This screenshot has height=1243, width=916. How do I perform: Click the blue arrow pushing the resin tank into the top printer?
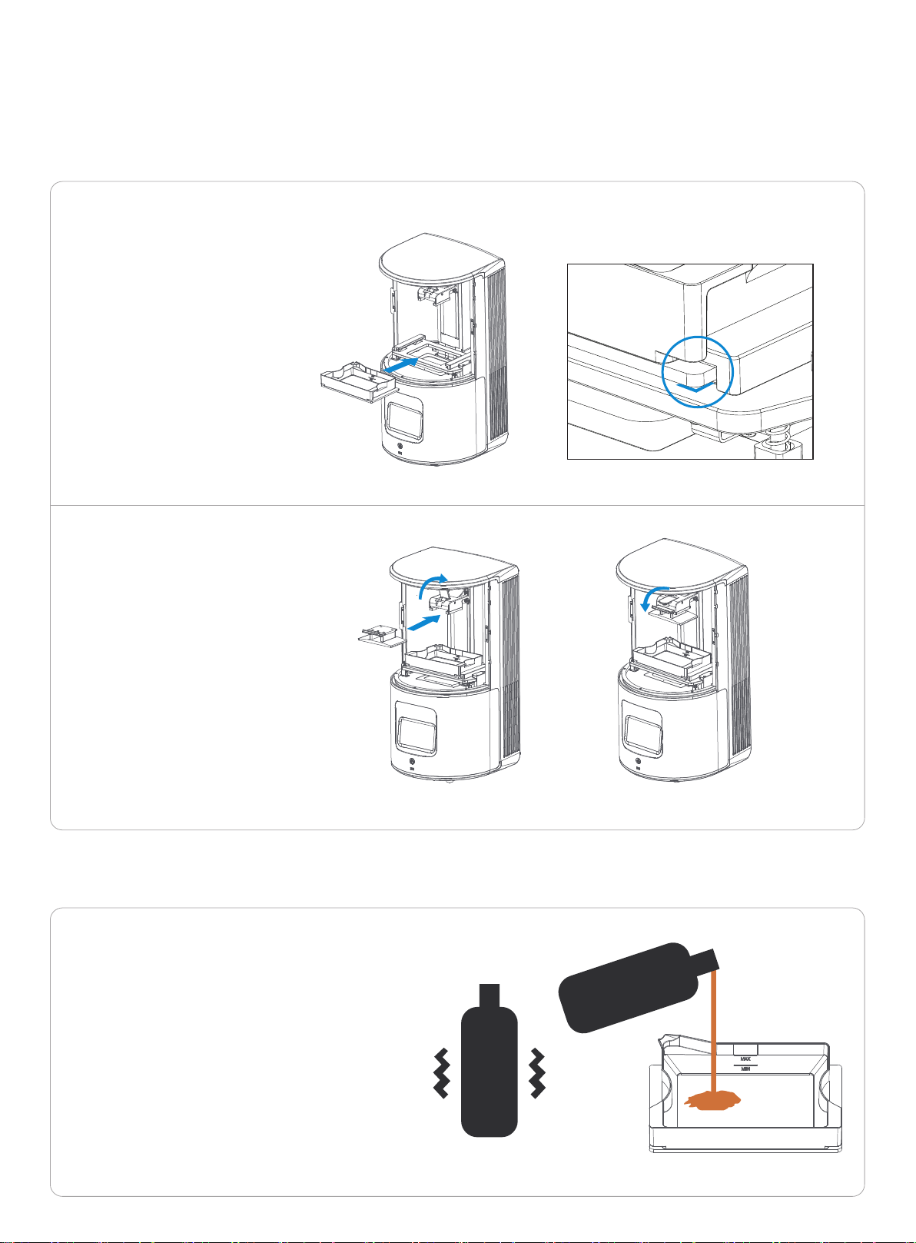click(x=400, y=366)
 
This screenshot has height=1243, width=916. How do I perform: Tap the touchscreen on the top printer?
click(x=404, y=421)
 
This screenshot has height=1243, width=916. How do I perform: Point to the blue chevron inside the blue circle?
click(x=695, y=387)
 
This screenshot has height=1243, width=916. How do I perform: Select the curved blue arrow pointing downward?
click(x=652, y=597)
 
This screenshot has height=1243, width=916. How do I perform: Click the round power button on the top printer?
click(x=400, y=445)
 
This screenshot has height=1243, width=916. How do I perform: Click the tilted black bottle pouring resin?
click(x=638, y=989)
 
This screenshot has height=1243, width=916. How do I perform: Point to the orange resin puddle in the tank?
click(x=713, y=1100)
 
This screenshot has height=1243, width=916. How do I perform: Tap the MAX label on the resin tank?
click(x=745, y=1059)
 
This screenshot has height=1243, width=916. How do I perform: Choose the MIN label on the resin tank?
click(x=745, y=1069)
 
